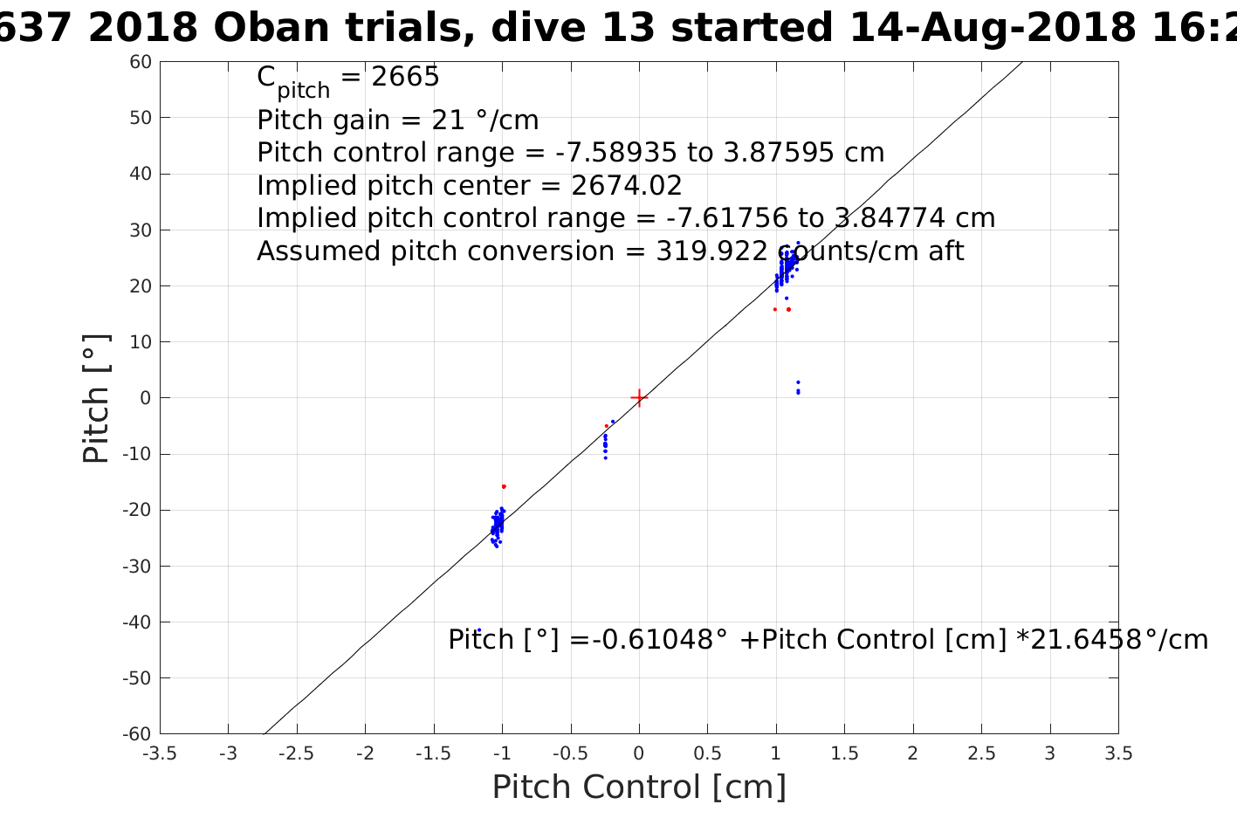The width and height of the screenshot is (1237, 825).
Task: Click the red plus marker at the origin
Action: tap(639, 397)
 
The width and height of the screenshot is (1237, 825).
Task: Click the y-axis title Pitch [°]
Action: tap(96, 398)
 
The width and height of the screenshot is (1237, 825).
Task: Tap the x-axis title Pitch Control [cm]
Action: tap(639, 787)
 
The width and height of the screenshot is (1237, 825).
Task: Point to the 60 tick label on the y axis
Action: tap(141, 62)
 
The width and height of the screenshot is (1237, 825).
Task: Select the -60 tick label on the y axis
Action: tap(137, 734)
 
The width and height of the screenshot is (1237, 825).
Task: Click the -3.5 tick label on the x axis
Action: tap(160, 753)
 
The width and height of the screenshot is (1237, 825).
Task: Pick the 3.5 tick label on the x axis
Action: tap(1118, 753)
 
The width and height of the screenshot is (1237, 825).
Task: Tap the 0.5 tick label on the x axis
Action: tap(707, 753)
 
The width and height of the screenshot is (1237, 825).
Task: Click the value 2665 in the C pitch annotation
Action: tap(405, 76)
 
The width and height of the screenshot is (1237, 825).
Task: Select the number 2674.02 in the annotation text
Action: tap(626, 186)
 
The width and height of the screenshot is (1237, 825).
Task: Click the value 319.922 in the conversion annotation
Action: tap(711, 251)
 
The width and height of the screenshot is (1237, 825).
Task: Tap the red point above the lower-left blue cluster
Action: tap(504, 486)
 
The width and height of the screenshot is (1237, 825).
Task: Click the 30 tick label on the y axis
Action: tap(141, 230)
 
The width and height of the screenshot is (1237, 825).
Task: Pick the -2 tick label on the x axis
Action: tap(365, 753)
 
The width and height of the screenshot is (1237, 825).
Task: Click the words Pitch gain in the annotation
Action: tap(323, 120)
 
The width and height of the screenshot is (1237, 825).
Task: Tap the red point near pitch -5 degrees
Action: tap(607, 426)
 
